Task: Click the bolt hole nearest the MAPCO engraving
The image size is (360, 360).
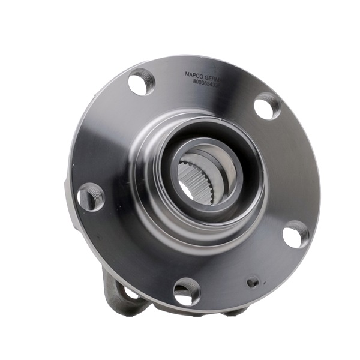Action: tap(142, 82)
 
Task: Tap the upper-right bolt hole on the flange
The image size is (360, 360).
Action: tap(267, 107)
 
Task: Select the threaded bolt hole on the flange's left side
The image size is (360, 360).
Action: tap(91, 196)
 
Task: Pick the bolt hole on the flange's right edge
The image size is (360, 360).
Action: tap(296, 234)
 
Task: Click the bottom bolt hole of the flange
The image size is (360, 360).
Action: tap(187, 292)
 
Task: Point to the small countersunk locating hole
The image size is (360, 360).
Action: tap(253, 281)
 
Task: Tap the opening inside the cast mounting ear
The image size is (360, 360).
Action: tap(128, 294)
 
